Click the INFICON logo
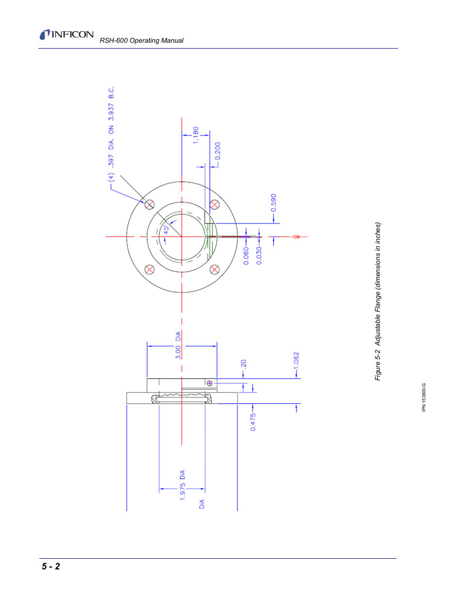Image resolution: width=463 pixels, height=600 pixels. tap(66, 34)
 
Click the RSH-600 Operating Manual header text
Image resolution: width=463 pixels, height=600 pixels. tap(141, 41)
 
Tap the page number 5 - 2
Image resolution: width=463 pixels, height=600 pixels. tap(50, 566)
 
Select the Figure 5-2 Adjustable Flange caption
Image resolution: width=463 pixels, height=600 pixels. tap(378, 301)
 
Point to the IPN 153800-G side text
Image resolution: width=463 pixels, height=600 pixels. tap(424, 397)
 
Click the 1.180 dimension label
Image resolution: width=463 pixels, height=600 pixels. tap(196, 135)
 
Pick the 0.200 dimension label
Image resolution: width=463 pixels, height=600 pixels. tap(217, 151)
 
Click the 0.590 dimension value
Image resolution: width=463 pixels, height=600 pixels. tap(273, 203)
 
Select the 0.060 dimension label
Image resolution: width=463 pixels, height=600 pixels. tap(246, 256)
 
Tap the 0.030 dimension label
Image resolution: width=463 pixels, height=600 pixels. tap(259, 256)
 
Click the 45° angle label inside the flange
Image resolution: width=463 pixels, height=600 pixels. tap(166, 229)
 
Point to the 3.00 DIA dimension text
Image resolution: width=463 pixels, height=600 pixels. tap(178, 345)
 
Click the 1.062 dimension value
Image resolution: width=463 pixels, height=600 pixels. tap(296, 364)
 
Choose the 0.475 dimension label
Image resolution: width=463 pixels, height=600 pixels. tap(253, 422)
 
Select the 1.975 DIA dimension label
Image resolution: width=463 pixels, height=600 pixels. tap(182, 485)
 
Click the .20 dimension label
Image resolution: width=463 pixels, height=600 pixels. tap(243, 364)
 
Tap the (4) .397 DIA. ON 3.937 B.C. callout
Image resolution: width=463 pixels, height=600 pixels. tap(111, 134)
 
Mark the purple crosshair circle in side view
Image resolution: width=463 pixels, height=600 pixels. tap(210, 383)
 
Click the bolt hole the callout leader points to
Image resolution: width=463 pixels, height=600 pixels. tap(149, 205)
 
